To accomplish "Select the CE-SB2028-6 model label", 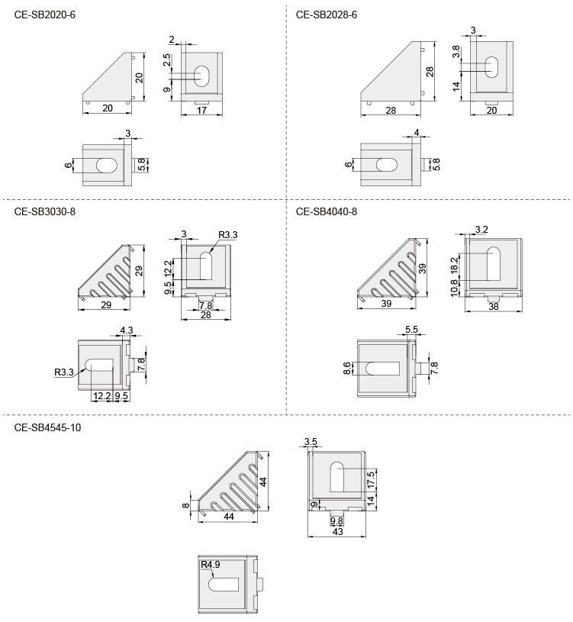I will pyautogui.click(x=327, y=14).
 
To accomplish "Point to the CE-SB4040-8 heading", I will pyautogui.click(x=327, y=212).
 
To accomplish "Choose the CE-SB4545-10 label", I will pyautogui.click(x=47, y=427).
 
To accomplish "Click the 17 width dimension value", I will pyautogui.click(x=202, y=110).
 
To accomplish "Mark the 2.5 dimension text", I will pyautogui.click(x=167, y=60).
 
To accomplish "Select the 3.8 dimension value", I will pyautogui.click(x=456, y=53).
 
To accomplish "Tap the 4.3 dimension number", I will pyautogui.click(x=126, y=331).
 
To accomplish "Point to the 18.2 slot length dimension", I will pyautogui.click(x=455, y=264).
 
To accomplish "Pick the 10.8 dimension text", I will pyautogui.click(x=455, y=288).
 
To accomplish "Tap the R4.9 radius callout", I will pyautogui.click(x=211, y=566).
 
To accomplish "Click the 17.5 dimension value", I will pyautogui.click(x=372, y=479).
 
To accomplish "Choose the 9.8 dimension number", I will pyautogui.click(x=336, y=521).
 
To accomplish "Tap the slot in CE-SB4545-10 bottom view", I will pyautogui.click(x=224, y=584).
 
